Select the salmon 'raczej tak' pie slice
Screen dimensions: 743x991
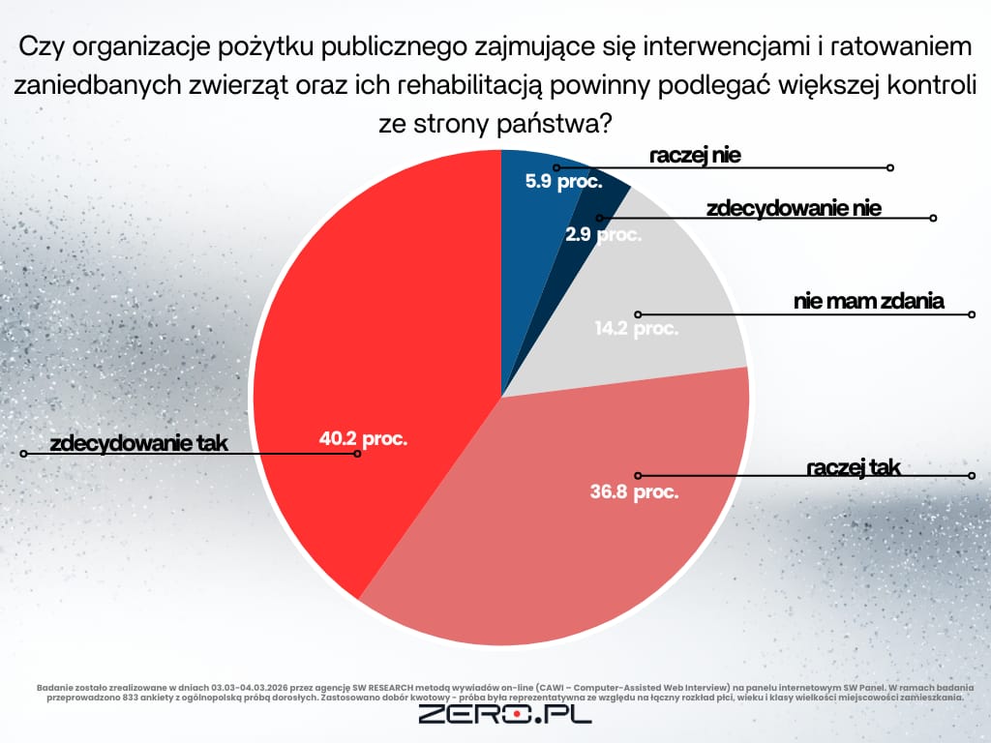click(x=542, y=542)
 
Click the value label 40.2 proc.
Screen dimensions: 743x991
click(x=363, y=438)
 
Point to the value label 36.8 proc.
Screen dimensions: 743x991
click(x=634, y=491)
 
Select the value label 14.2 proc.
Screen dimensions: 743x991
click(x=637, y=328)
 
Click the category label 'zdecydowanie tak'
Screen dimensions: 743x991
click(x=137, y=444)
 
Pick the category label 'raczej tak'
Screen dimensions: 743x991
click(x=853, y=468)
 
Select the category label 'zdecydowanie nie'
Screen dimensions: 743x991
click(x=794, y=208)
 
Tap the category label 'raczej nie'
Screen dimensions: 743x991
click(x=695, y=156)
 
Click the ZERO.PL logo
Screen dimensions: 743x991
click(x=504, y=715)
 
